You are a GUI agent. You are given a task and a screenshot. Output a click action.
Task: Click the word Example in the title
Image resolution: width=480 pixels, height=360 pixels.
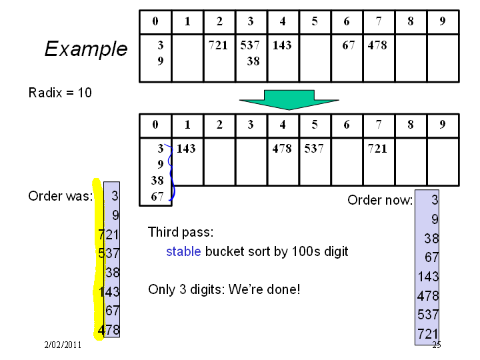tap(86, 49)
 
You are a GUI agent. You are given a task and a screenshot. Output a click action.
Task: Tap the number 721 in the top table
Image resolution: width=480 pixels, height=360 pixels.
tap(218, 45)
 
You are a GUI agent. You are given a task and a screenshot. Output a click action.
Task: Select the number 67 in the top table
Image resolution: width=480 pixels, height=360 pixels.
tap(349, 45)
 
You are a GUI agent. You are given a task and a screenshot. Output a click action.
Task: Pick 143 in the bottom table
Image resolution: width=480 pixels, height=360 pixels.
tap(186, 149)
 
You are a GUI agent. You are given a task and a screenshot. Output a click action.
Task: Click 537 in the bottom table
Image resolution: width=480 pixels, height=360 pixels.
tap(314, 149)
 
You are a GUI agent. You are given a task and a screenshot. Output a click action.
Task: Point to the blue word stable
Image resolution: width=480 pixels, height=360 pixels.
tap(183, 251)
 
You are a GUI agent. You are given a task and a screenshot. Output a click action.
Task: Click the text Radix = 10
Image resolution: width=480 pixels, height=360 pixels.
tap(60, 93)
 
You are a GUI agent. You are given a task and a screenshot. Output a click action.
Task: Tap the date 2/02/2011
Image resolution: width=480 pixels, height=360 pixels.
tap(63, 345)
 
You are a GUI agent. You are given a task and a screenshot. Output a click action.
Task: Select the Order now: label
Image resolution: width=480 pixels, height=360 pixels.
tap(380, 200)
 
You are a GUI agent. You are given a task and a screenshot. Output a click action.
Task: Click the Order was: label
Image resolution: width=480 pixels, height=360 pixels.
tap(60, 196)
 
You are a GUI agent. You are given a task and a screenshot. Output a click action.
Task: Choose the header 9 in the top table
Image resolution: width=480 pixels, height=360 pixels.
tap(443, 21)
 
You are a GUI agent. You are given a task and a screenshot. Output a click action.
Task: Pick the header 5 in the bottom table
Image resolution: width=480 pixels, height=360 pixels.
tap(315, 125)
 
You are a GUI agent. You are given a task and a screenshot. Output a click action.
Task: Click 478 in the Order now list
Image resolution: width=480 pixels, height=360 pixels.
tap(428, 296)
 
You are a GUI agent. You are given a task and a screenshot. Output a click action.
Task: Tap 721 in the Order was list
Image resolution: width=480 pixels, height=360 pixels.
tap(109, 235)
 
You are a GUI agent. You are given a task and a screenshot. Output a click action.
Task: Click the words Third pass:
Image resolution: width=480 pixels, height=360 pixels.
tap(181, 232)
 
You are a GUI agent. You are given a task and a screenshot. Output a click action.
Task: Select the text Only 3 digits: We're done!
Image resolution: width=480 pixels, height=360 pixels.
tap(224, 289)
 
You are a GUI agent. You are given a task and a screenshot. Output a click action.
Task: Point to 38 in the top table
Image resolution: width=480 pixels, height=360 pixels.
tap(253, 61)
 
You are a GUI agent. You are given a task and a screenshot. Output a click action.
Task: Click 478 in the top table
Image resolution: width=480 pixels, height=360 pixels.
tap(377, 45)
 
